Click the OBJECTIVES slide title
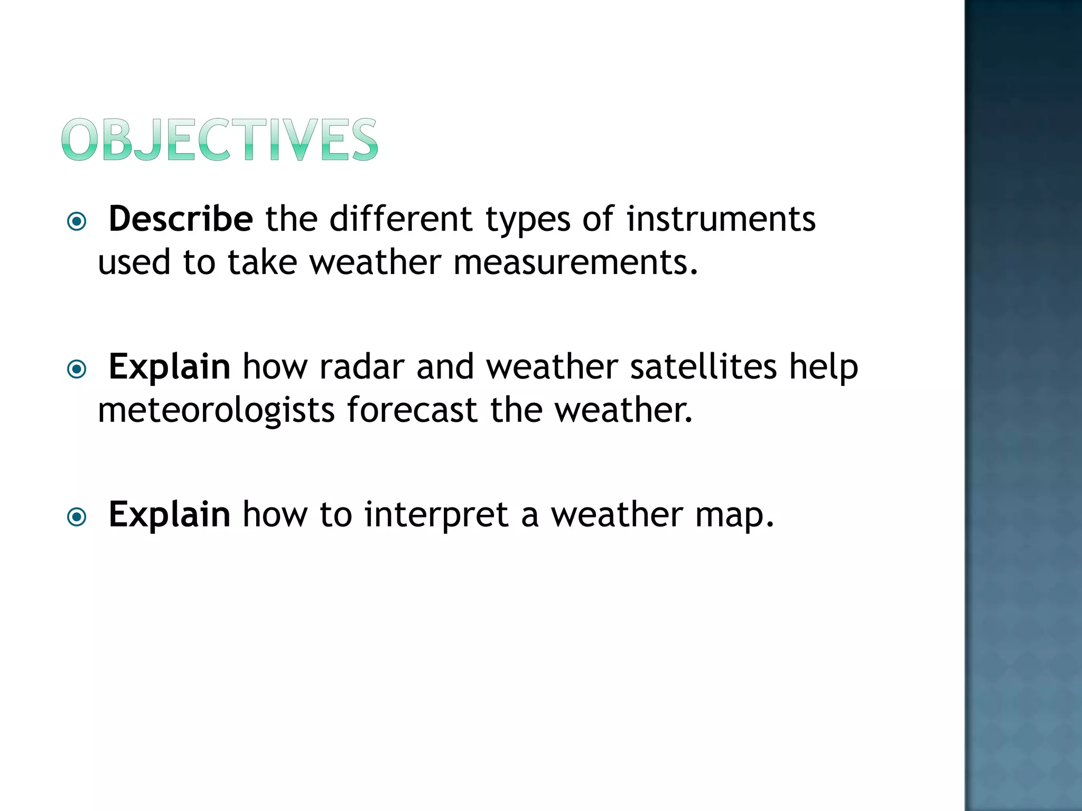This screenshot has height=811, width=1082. tap(220, 139)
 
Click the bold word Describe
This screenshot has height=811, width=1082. tap(181, 219)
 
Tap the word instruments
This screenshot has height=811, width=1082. tap(721, 219)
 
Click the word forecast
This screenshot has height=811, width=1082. tap(412, 410)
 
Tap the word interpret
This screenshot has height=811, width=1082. tap(436, 514)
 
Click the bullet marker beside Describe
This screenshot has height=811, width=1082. tap(77, 221)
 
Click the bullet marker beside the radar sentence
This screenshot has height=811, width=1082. tap(77, 369)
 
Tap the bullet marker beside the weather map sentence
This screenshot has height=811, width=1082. tap(77, 517)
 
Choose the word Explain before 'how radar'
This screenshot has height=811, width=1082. tap(169, 367)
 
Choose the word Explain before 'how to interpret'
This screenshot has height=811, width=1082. tap(169, 515)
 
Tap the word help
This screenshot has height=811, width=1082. tap(824, 367)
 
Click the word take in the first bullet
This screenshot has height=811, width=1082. tap(262, 262)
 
